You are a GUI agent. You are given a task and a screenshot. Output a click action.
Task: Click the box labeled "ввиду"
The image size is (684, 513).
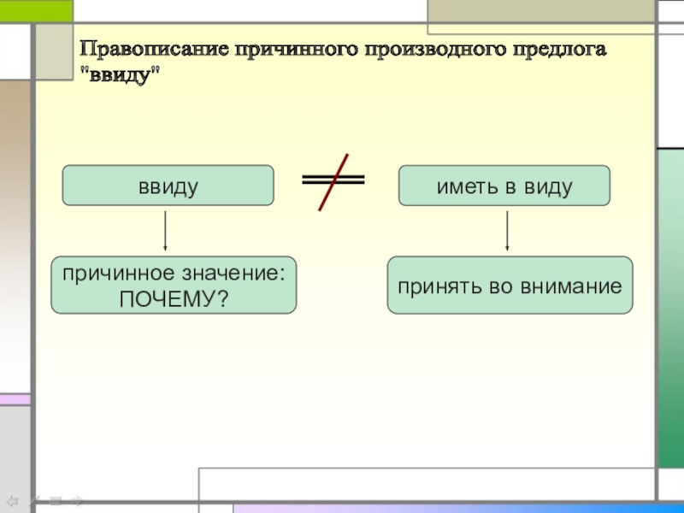tap(168, 186)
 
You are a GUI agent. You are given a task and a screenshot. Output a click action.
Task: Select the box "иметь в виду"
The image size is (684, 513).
tap(504, 186)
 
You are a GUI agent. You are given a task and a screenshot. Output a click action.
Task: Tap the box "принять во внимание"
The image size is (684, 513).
tap(510, 285)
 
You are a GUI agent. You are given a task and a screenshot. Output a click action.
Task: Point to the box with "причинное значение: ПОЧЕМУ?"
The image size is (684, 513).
tap(174, 285)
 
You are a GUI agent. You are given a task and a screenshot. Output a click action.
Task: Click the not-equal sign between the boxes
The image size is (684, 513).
tap(333, 180)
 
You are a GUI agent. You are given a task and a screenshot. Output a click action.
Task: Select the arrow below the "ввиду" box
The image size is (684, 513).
tap(165, 231)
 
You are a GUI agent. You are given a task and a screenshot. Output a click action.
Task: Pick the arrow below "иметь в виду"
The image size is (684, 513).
tap(507, 231)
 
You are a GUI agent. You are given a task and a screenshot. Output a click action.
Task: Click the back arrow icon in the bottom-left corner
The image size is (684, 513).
tap(13, 500)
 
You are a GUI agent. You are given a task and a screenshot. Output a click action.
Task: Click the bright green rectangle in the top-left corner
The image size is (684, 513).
tap(36, 10)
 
